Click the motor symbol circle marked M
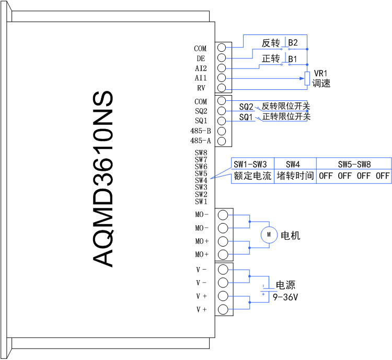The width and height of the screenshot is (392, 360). [269, 235]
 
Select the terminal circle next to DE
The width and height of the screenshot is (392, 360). [222, 58]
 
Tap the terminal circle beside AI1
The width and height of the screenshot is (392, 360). [222, 78]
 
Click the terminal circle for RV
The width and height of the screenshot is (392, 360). [222, 88]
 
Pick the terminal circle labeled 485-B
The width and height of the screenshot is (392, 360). [222, 131]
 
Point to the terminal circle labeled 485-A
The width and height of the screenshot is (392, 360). [222, 141]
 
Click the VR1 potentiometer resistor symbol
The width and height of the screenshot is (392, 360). [307, 78]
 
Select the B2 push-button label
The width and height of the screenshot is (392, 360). [293, 43]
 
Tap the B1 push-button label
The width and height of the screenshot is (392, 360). [293, 59]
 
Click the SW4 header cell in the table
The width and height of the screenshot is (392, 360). [293, 164]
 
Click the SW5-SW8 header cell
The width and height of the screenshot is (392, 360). [354, 164]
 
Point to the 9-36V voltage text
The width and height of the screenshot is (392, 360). [285, 297]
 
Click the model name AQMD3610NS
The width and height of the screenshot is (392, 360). [103, 179]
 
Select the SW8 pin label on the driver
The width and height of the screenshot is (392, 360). [201, 153]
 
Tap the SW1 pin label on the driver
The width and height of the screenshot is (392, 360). [201, 202]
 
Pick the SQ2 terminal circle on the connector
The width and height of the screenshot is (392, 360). [222, 110]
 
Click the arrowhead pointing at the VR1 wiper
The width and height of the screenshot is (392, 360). [302, 78]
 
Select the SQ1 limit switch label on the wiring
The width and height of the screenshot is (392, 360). [246, 117]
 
